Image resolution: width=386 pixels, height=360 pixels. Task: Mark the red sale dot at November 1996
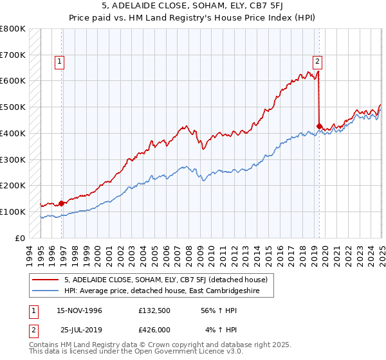point(62,203)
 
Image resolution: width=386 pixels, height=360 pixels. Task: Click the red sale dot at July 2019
point(320,126)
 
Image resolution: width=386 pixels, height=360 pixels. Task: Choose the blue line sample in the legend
point(44,291)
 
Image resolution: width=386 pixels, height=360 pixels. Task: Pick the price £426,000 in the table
point(158,330)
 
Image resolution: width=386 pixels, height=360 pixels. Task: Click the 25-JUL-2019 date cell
point(78,330)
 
